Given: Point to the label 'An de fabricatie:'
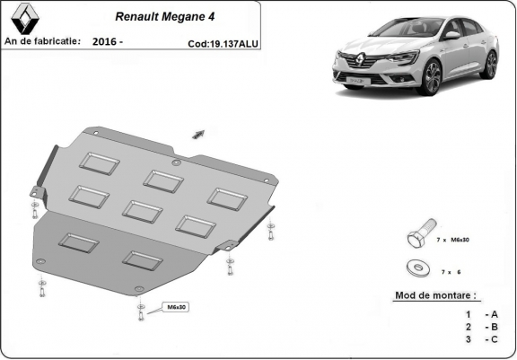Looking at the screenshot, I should pyautogui.click(x=42, y=41).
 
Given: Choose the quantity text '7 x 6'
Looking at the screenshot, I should pyautogui.click(x=450, y=269).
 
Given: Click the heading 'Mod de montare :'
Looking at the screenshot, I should pyautogui.click(x=436, y=294).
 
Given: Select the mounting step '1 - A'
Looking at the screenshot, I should pyautogui.click(x=481, y=314).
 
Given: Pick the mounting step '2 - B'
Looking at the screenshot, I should pyautogui.click(x=481, y=328).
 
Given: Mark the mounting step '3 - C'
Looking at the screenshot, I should pyautogui.click(x=481, y=341).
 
